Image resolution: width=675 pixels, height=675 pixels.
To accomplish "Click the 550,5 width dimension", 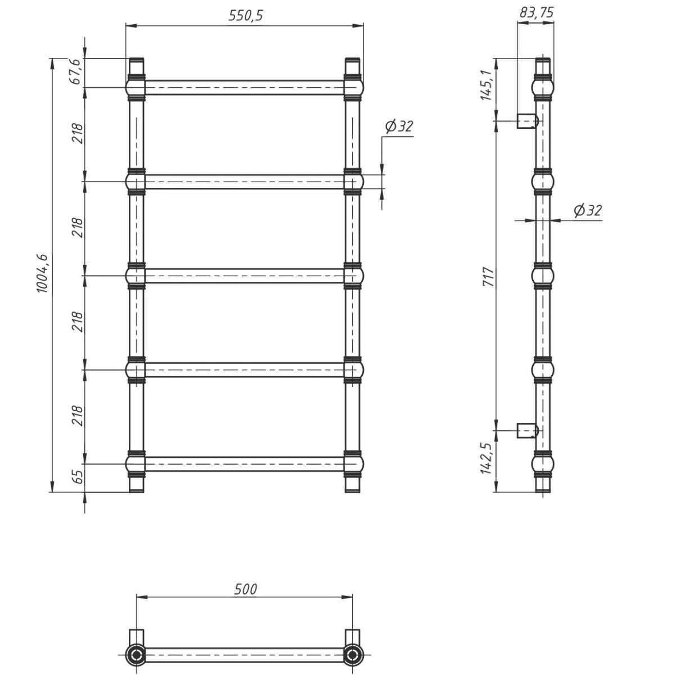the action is pyautogui.click(x=246, y=15).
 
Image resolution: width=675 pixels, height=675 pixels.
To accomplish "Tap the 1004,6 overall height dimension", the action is pyautogui.click(x=42, y=273).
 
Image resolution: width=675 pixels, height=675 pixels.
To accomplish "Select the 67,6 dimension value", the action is pyautogui.click(x=76, y=71).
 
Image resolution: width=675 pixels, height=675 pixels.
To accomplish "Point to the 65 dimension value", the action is pyautogui.click(x=78, y=476).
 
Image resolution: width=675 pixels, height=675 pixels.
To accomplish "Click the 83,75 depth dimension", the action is pyautogui.click(x=536, y=12).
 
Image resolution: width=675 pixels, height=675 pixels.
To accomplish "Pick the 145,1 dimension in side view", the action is pyautogui.click(x=486, y=85).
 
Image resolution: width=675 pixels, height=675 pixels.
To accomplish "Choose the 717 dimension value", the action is pyautogui.click(x=488, y=277).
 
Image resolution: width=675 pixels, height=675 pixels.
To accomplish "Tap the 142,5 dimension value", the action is pyautogui.click(x=486, y=459).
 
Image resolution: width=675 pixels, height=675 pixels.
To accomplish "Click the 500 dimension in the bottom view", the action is pyautogui.click(x=246, y=589).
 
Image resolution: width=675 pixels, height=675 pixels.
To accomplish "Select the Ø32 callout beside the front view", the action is pyautogui.click(x=399, y=127).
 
